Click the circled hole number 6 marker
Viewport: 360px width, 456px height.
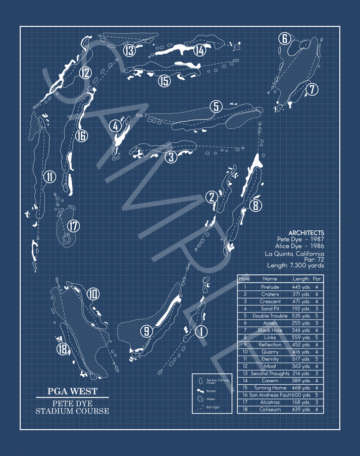tap(285, 38)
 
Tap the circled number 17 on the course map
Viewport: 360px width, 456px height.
tap(74, 226)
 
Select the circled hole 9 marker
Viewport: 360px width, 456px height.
tap(146, 331)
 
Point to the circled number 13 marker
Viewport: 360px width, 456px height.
tap(130, 50)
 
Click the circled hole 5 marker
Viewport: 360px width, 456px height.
tap(216, 107)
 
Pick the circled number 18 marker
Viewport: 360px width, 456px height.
tap(63, 349)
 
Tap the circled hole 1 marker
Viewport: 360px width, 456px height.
tap(201, 331)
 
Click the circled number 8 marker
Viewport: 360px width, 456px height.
tap(256, 206)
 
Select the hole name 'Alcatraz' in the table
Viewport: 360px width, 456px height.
tap(270, 402)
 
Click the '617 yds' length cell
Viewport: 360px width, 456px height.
tap(301, 359)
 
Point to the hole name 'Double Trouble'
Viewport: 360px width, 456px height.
tap(270, 316)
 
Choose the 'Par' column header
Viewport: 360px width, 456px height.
tap(317, 279)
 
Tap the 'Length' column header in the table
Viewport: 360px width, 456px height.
tap(301, 279)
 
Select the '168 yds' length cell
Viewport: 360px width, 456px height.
tap(301, 402)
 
